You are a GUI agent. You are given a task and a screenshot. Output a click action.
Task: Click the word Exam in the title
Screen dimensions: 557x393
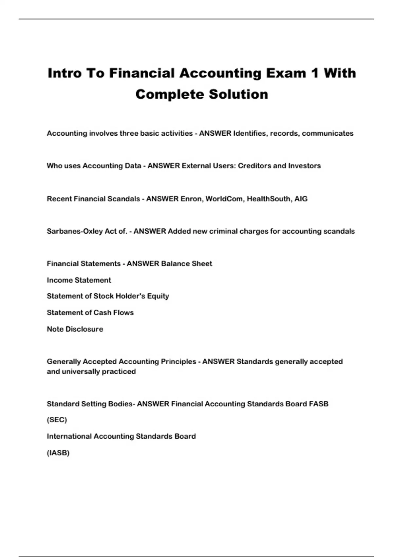[286, 73]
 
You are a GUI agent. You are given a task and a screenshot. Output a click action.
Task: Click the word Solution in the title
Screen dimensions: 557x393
[238, 94]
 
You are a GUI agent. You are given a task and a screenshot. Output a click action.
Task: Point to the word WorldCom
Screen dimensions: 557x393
[224, 199]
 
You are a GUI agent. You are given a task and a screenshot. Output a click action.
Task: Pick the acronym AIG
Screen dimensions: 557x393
[301, 199]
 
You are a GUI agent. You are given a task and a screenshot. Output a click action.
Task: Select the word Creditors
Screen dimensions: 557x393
[254, 166]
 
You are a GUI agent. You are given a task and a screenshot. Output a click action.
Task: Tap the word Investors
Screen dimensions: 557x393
[304, 166]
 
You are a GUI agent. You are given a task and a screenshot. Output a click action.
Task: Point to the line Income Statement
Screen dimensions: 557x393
[79, 280]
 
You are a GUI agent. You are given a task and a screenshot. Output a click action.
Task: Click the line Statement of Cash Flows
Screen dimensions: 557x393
[90, 313]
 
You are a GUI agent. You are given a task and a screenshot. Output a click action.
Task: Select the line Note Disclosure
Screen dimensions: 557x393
[75, 329]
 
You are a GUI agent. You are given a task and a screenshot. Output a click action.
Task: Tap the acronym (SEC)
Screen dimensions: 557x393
[57, 420]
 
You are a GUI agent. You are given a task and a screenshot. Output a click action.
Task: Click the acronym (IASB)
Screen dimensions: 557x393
[58, 453]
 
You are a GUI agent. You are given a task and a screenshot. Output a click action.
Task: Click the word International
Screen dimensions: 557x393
[69, 436]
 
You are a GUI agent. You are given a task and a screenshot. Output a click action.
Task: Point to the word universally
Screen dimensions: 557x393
[81, 372]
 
